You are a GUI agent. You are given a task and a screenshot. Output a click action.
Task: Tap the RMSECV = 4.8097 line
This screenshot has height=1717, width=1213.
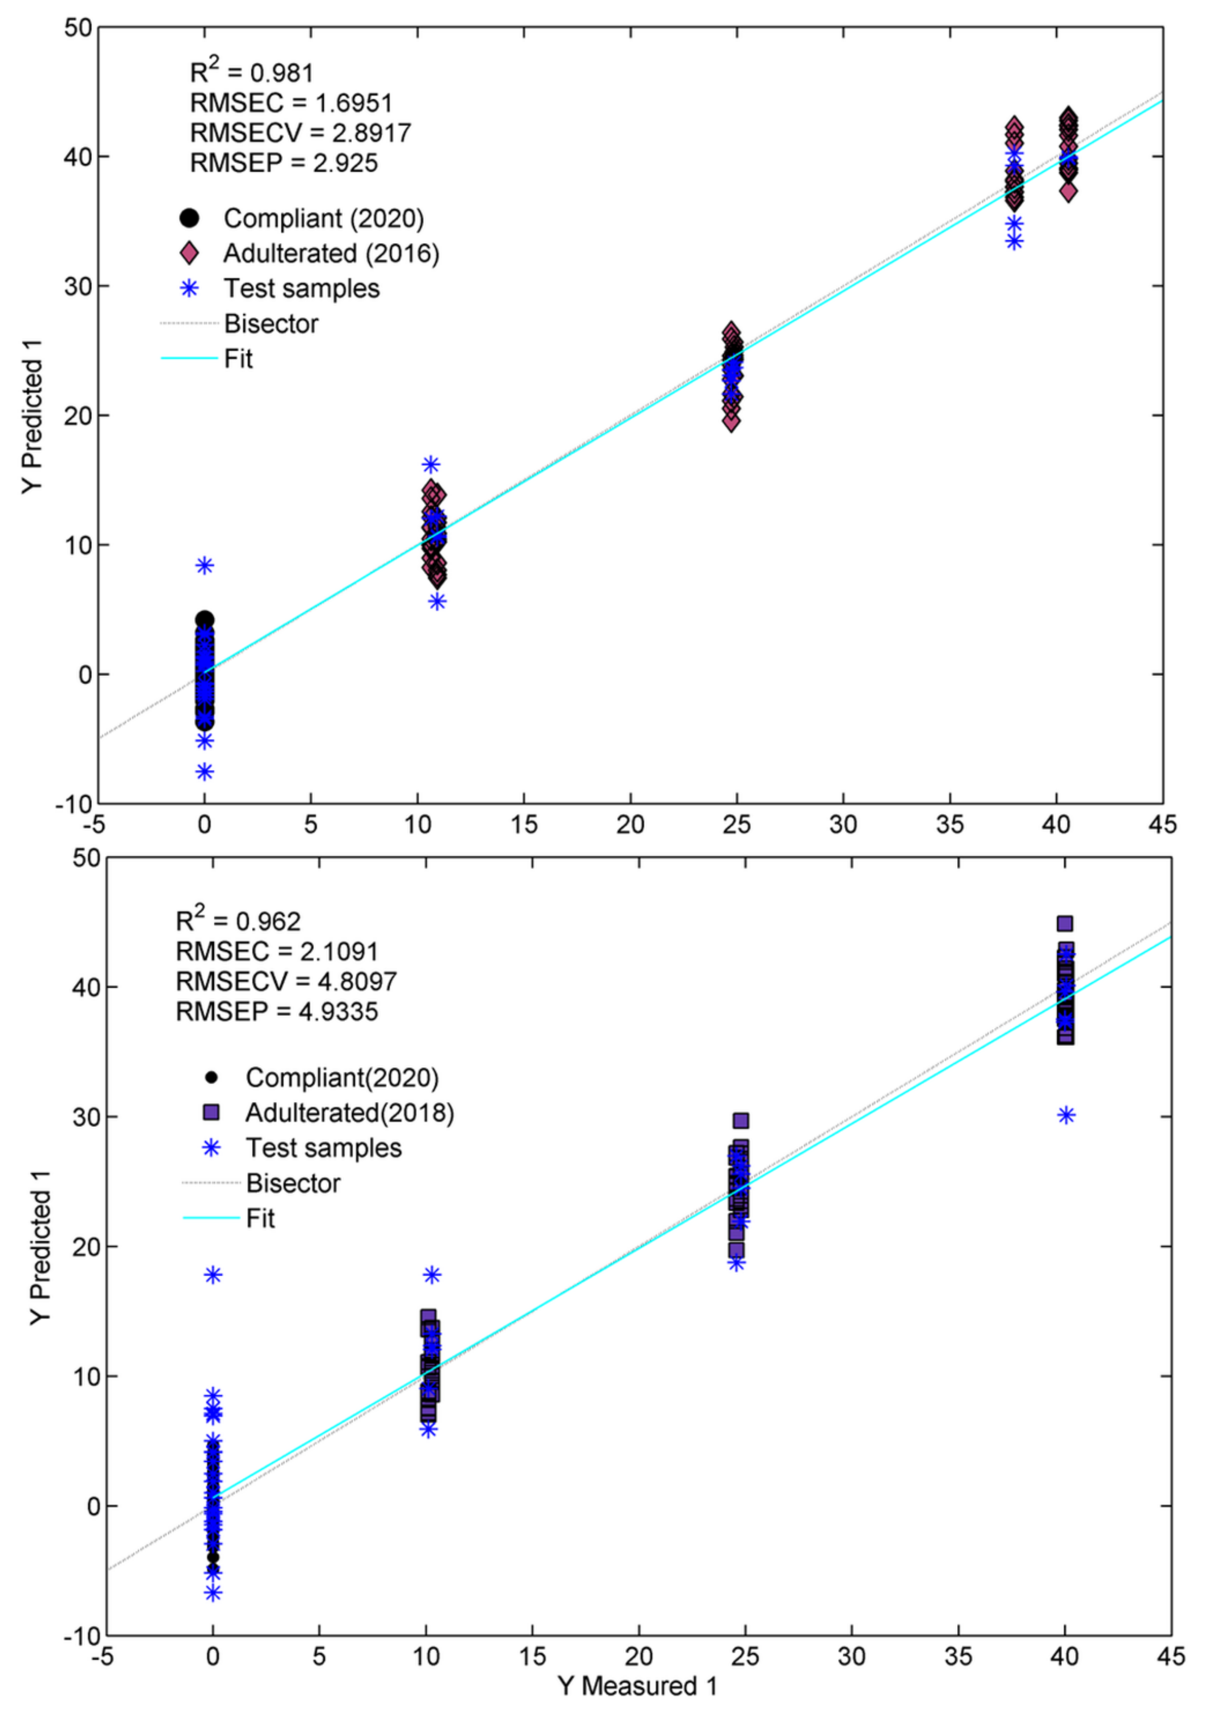coord(286,981)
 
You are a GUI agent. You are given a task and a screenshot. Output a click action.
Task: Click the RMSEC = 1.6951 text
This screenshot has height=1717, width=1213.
coord(291,103)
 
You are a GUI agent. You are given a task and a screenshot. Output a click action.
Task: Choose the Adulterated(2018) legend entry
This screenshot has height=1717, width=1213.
coord(349,1113)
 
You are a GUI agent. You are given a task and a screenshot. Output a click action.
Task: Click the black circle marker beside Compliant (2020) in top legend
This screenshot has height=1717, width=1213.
coord(190,218)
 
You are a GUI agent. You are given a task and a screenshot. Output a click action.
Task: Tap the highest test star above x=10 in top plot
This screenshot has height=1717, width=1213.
coord(431,464)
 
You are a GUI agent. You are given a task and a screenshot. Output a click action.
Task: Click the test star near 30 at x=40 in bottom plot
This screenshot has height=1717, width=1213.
coord(1066,1116)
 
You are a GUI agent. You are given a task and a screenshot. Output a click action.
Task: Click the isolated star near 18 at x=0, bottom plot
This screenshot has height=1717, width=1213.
coord(213,1275)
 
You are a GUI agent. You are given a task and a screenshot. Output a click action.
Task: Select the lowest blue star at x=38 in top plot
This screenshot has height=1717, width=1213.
coord(1014,241)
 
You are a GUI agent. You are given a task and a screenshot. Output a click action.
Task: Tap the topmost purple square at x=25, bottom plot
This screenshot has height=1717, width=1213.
coord(741,1120)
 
